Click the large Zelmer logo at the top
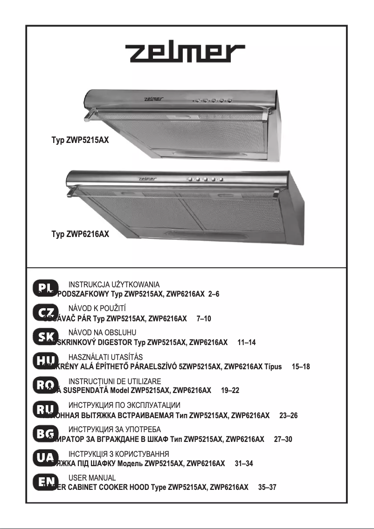coord(186,54)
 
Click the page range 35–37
coord(267,487)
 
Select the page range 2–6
coord(214,295)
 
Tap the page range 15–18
coord(300,367)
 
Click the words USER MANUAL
coord(92,478)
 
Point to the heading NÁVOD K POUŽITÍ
coord(97,309)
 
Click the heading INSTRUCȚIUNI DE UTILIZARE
coord(115,381)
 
